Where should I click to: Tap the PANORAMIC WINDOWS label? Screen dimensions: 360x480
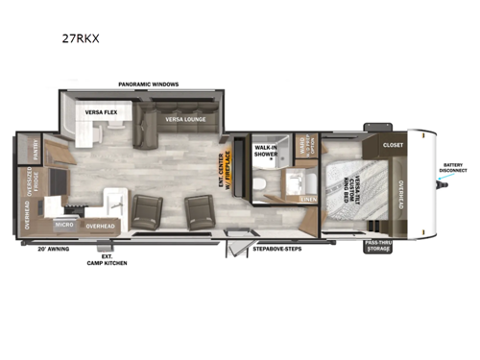149,84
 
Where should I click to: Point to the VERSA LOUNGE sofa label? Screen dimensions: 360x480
182,119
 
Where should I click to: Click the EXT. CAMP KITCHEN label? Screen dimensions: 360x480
107,258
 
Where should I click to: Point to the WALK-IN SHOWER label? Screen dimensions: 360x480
265,151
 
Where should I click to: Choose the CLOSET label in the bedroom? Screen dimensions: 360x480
393,145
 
